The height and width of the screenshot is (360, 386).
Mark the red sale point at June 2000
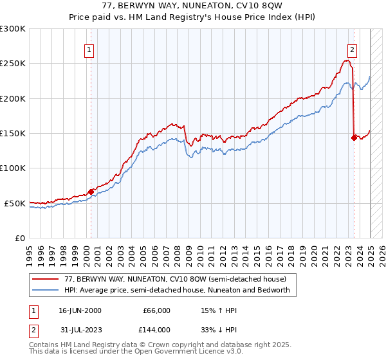tap(91, 191)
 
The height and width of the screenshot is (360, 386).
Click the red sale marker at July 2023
tap(354, 137)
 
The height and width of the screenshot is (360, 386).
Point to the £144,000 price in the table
tap(156, 330)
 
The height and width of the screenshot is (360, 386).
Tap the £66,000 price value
tap(156, 310)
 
